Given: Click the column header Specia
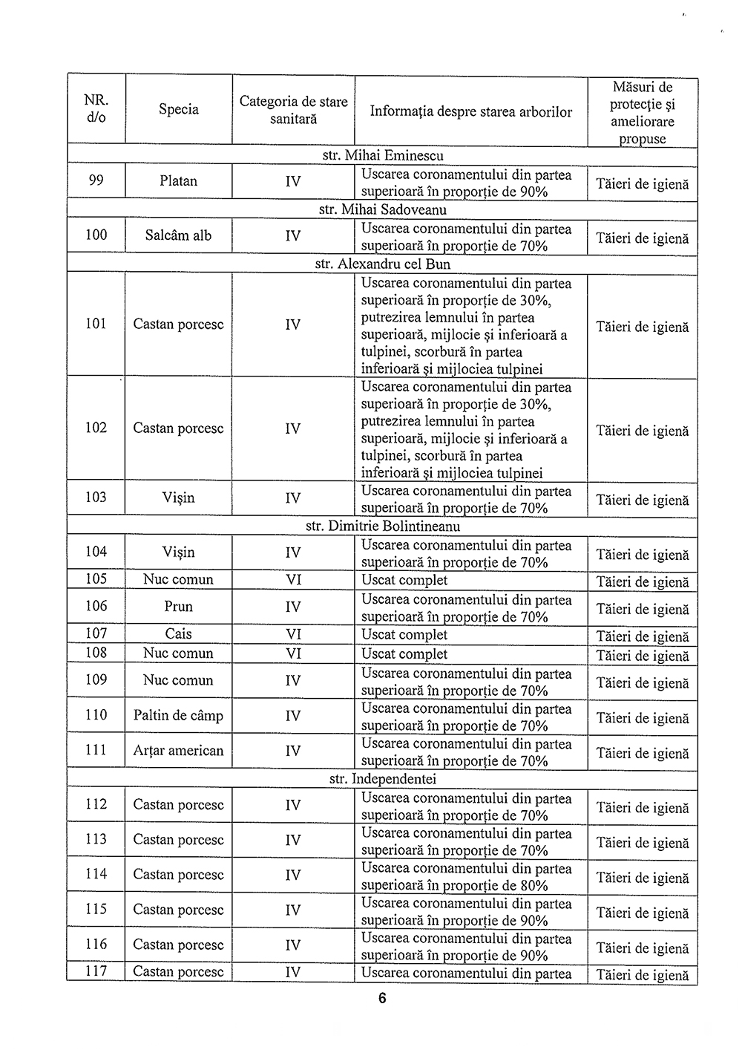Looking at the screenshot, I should pos(178,109).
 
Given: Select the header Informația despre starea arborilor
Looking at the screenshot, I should pos(471,112).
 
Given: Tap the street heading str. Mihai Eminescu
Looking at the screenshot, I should pos(383,156).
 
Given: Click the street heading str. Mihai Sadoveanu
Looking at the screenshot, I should pos(383,210).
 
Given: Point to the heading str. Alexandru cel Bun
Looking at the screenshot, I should pos(383,264).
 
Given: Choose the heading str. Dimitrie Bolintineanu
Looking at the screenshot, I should pos(383,526).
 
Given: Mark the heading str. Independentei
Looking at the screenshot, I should pos(383,779).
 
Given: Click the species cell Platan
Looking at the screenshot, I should pos(178,181).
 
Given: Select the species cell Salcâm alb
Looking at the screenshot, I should pos(178,235).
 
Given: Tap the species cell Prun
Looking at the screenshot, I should pos(178,607).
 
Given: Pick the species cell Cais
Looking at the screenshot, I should pos(178,633).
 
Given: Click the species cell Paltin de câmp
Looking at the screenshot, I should pos(178,716).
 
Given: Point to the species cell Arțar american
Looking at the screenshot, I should pos(178,751).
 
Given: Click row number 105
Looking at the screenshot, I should pos(96,579).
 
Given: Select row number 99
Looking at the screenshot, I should pos(96,180).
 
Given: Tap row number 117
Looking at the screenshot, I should pos(96,971).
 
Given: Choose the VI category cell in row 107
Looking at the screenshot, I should pos(293,634).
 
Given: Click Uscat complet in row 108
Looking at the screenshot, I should pos(404,654).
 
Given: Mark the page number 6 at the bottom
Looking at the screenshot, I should pos(382,999).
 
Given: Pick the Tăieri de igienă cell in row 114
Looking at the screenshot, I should pos(643,878).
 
